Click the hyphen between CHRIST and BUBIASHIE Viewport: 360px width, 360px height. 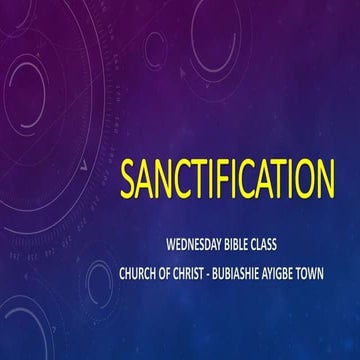pyautogui.click(x=224, y=266)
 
